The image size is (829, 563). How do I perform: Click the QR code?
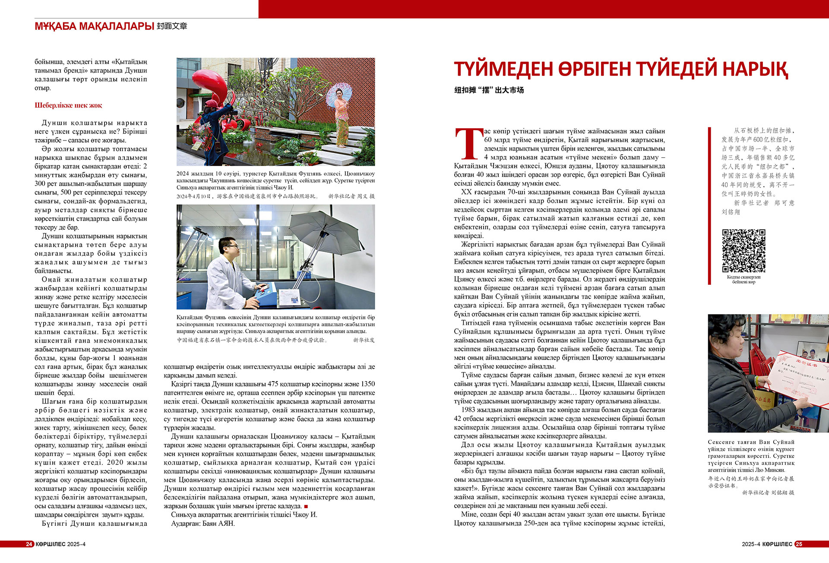(x=744, y=251)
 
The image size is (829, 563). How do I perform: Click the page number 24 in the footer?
(x=29, y=544)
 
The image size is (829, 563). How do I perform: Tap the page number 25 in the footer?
(x=799, y=544)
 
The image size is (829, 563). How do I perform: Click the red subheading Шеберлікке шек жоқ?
(x=68, y=105)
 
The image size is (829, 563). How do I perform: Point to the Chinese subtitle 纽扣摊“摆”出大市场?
(x=489, y=90)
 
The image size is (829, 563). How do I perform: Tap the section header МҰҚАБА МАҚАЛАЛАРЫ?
(x=94, y=26)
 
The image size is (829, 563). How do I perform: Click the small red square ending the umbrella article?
(x=306, y=506)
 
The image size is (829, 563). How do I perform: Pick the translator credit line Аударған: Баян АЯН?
(x=203, y=523)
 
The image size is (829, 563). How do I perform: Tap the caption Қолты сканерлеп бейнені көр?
(x=744, y=279)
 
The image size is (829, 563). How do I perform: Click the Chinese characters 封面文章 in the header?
(x=172, y=26)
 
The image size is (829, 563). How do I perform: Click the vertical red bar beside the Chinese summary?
(x=709, y=206)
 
